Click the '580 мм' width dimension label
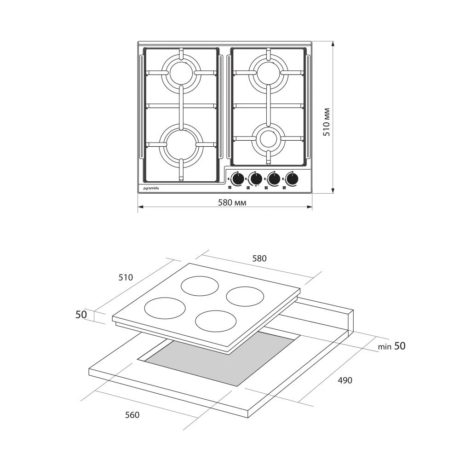pos(232,203)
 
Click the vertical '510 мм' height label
pos(327,122)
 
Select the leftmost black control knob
pos(238,179)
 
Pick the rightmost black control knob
pos(292,179)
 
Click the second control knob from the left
pos(256,179)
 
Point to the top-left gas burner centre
pos(181,73)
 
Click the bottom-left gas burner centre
pos(181,144)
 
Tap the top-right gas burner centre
pos(268,72)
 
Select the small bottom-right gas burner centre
pos(268,138)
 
